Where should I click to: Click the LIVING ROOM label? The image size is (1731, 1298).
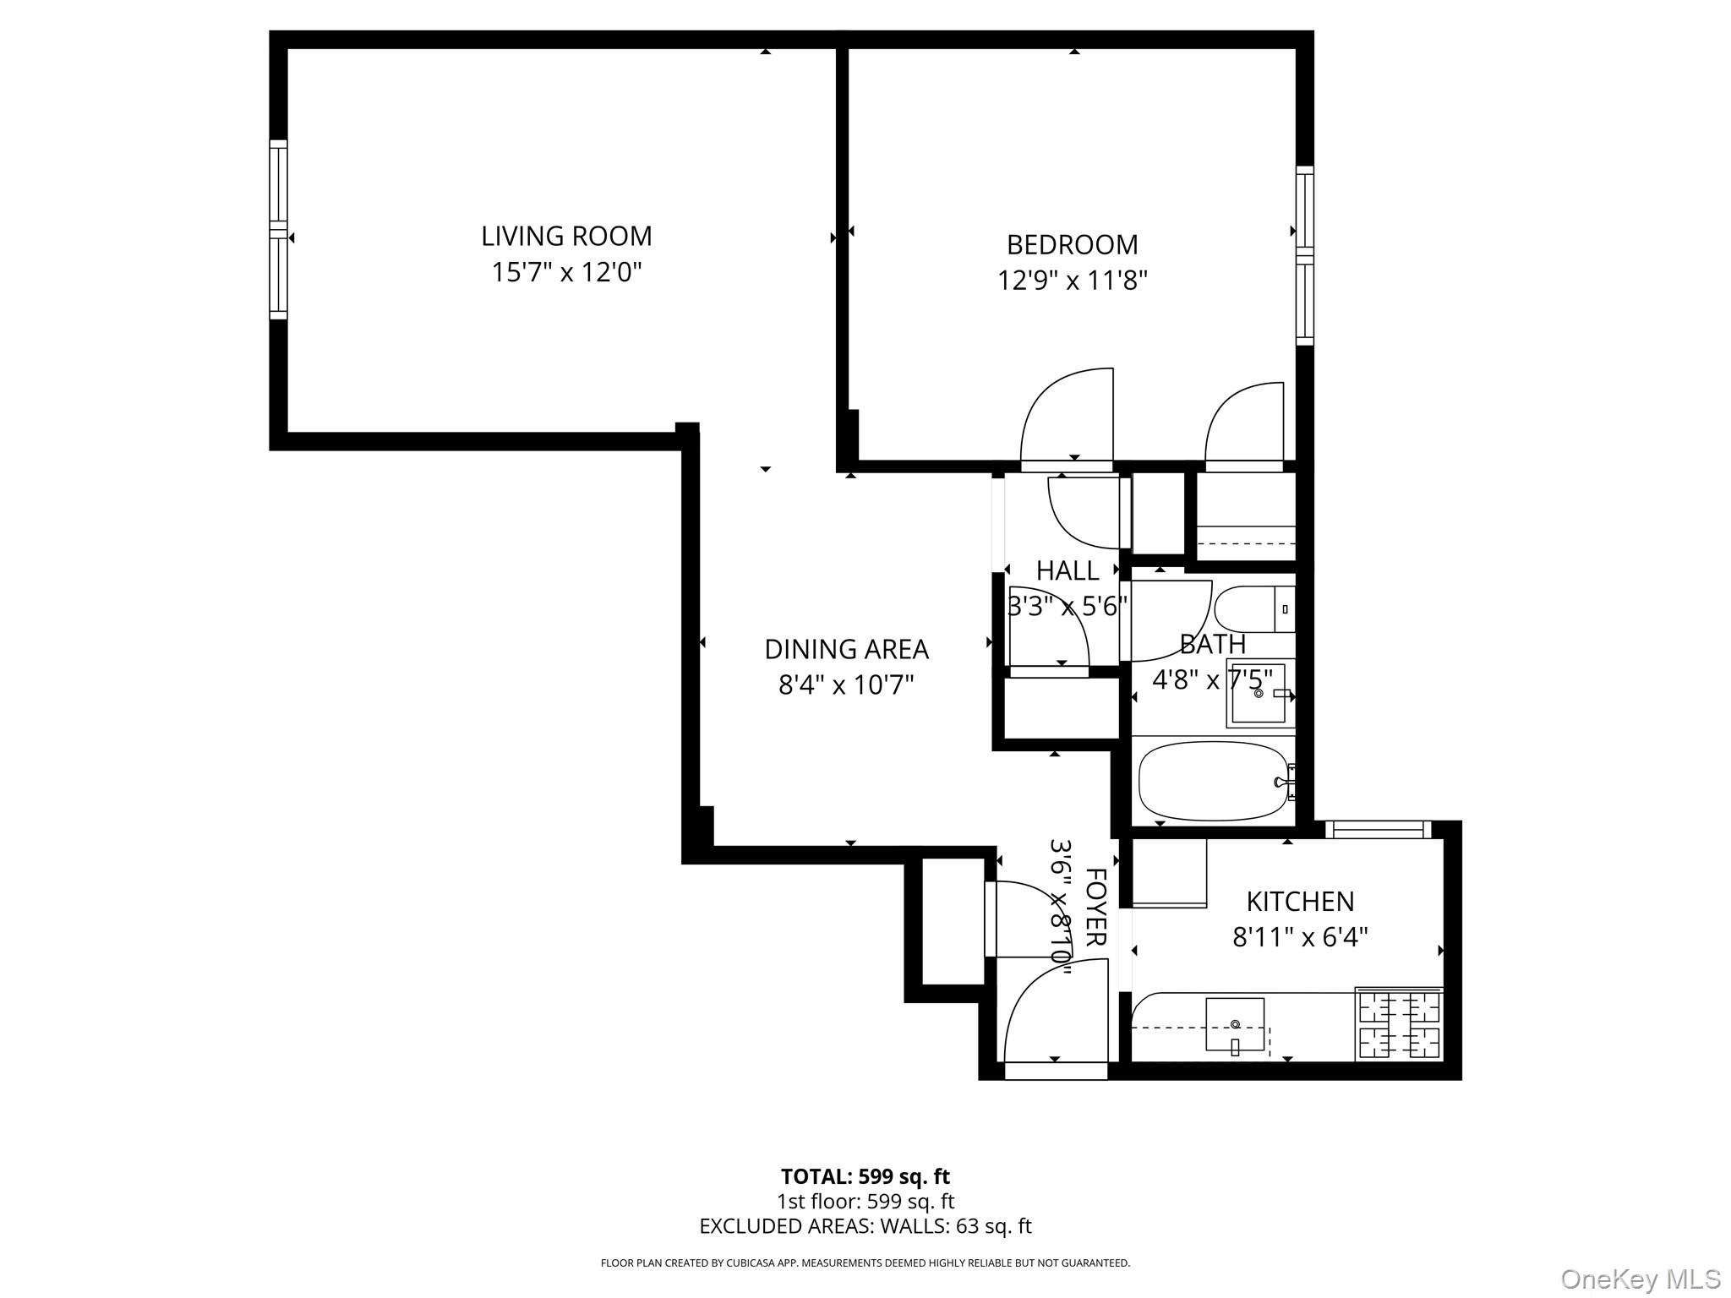[x=566, y=236]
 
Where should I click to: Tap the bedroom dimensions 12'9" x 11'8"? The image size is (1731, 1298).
[x=1072, y=280]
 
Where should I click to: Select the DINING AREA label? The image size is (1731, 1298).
[x=846, y=649]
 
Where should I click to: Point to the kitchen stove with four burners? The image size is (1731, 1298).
[x=1398, y=1024]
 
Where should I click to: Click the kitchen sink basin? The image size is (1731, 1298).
[x=1234, y=1023]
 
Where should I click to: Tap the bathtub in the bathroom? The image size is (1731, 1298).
[x=1212, y=781]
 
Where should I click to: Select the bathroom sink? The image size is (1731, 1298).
[x=1259, y=693]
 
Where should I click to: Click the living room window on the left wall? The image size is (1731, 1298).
[x=278, y=230]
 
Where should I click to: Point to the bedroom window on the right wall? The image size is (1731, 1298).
[x=1305, y=255]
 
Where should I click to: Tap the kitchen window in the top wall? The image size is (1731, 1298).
[x=1378, y=829]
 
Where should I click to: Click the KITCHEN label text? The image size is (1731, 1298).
[x=1300, y=902]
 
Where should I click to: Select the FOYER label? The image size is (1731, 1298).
[x=1095, y=907]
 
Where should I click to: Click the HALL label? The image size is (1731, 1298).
[x=1068, y=570]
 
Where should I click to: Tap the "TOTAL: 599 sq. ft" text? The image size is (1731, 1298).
[x=865, y=1176]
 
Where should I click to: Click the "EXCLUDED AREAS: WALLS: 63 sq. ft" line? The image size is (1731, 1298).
[x=865, y=1226]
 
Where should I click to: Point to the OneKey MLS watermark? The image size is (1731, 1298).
[x=1640, y=1279]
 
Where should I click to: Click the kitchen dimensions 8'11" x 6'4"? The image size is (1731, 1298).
[x=1300, y=937]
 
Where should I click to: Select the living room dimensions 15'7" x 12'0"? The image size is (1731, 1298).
[x=566, y=272]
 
